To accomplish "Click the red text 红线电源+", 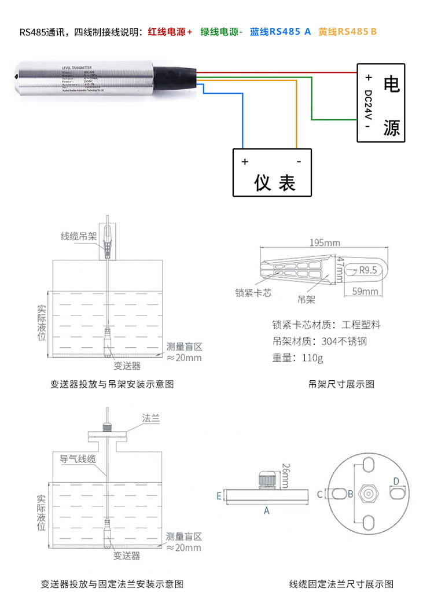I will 170,32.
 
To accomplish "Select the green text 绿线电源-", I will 222,32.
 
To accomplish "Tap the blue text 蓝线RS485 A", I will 280,32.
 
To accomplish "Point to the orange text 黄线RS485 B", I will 347,32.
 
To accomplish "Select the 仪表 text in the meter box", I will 275,183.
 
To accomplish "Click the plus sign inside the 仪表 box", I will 245,161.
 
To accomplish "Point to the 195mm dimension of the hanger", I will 325,242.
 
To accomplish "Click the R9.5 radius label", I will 368,270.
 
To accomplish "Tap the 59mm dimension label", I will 365,291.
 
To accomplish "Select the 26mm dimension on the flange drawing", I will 284,475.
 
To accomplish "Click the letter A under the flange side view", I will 267,510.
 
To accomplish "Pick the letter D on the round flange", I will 396,481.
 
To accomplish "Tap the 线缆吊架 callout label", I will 79,236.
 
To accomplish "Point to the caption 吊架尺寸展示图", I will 341,384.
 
